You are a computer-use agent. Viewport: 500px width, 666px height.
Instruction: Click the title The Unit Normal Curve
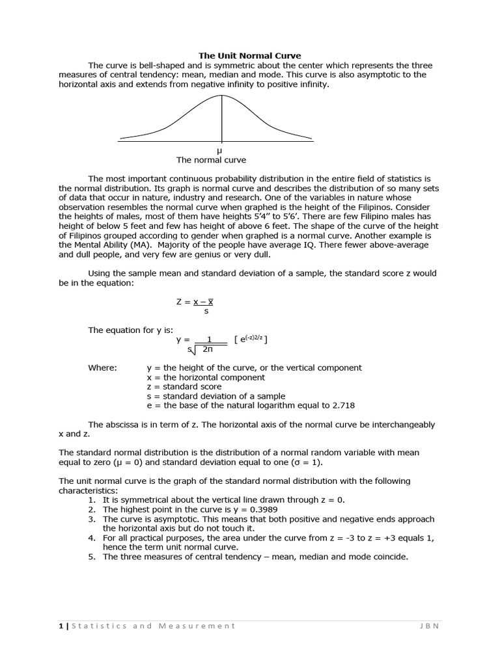click(250, 56)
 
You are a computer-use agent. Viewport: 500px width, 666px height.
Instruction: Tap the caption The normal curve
click(211, 160)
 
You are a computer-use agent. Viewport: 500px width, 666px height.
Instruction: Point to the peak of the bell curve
click(222, 96)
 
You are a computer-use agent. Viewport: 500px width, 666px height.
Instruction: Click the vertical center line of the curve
click(222, 120)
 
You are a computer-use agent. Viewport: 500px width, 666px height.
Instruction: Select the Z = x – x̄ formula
click(196, 302)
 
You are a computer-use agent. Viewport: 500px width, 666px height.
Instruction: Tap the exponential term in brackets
click(251, 340)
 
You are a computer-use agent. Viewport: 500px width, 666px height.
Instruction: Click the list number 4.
click(92, 539)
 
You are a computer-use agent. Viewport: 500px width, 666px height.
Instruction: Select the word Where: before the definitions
click(103, 367)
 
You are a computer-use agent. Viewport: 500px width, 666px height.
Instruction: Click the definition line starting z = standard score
click(184, 386)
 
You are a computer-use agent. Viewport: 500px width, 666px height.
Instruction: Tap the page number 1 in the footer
click(61, 626)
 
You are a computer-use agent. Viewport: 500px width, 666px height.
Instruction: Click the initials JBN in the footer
click(430, 626)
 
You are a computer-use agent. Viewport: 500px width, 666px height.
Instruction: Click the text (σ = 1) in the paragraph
click(304, 462)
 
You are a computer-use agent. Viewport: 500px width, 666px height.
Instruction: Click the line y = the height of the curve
click(254, 367)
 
